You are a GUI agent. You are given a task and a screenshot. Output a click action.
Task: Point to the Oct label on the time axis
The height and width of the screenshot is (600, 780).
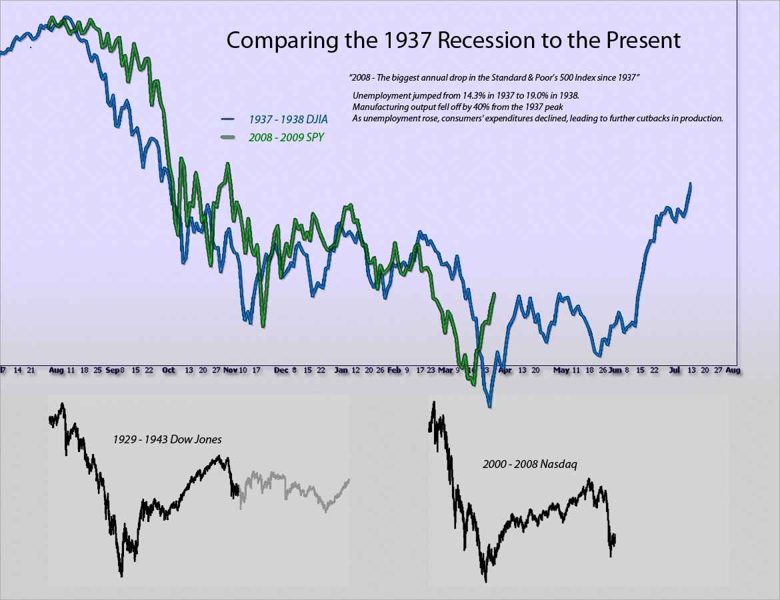pyautogui.click(x=169, y=369)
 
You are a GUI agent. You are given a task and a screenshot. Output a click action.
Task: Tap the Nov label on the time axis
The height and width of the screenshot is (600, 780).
pyautogui.click(x=231, y=369)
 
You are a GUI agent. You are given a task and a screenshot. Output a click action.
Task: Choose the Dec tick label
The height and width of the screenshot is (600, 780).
pyautogui.click(x=281, y=369)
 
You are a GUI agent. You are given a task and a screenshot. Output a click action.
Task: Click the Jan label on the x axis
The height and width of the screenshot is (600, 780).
pyautogui.click(x=341, y=369)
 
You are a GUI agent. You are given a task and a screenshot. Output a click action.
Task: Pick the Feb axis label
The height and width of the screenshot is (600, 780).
pyautogui.click(x=394, y=369)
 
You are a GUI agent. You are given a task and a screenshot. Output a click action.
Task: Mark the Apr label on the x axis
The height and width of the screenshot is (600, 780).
pyautogui.click(x=506, y=369)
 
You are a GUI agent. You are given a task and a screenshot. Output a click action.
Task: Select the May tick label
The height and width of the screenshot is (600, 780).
pyautogui.click(x=561, y=369)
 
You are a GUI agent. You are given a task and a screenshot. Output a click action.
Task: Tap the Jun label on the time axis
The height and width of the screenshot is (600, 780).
pyautogui.click(x=615, y=369)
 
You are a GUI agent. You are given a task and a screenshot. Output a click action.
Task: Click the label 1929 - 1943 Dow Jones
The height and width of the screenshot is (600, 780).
pyautogui.click(x=167, y=440)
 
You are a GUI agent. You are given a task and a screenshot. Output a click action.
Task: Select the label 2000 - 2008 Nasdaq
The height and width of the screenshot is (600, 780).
pyautogui.click(x=526, y=463)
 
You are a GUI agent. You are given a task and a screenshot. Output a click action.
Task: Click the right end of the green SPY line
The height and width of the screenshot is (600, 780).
pyautogui.click(x=494, y=293)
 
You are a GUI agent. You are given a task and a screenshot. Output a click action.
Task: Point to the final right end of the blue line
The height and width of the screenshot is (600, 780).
pyautogui.click(x=691, y=183)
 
